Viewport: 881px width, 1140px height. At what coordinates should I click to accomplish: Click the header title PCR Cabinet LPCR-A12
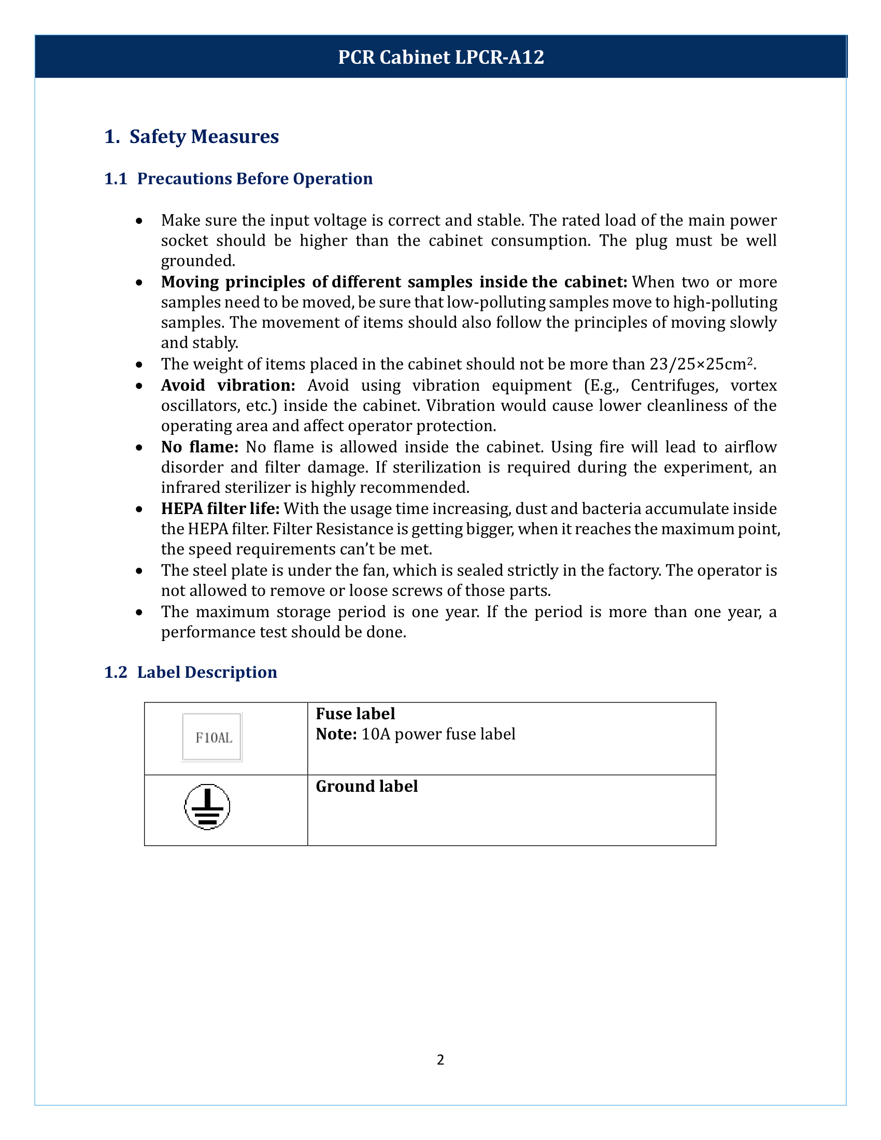pyautogui.click(x=440, y=57)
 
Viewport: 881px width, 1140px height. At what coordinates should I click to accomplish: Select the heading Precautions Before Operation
pyautogui.click(x=254, y=179)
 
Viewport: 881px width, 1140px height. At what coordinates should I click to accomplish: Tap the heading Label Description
pyautogui.click(x=207, y=672)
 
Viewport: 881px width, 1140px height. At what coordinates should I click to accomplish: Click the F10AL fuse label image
pyautogui.click(x=212, y=737)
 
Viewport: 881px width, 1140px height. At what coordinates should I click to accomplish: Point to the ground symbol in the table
pyautogui.click(x=207, y=806)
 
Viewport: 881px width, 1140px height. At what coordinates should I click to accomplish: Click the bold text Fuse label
pyautogui.click(x=355, y=714)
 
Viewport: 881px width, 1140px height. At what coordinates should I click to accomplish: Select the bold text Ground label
pyautogui.click(x=366, y=786)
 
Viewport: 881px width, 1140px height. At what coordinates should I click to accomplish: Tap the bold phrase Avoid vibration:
pyautogui.click(x=228, y=385)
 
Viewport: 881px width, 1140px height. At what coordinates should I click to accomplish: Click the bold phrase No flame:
pyautogui.click(x=200, y=447)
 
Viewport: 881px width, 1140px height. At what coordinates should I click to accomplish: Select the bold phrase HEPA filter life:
pyautogui.click(x=220, y=508)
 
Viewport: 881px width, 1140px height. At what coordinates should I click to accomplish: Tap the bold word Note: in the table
pyautogui.click(x=336, y=734)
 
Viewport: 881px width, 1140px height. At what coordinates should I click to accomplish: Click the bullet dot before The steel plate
pyautogui.click(x=139, y=571)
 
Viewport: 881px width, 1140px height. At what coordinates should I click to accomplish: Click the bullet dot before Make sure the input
pyautogui.click(x=139, y=221)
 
